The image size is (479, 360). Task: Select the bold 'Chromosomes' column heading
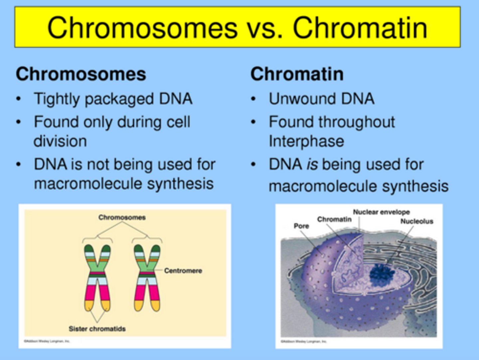coord(81,74)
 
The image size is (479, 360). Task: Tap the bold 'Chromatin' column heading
coord(297,74)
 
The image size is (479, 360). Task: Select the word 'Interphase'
coord(306,141)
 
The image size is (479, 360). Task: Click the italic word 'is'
coord(312,165)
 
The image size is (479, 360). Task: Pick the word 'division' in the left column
coord(60,141)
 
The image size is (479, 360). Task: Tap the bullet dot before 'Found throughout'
coord(253,122)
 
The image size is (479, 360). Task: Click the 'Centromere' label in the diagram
coord(183,270)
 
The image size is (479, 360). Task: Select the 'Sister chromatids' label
coord(97,329)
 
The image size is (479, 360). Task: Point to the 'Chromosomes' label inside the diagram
coord(122,217)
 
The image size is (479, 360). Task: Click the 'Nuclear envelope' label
coord(381,212)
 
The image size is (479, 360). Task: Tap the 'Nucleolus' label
coord(416,221)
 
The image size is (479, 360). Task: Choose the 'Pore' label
coord(301,226)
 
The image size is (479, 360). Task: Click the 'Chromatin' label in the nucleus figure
coord(334,219)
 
